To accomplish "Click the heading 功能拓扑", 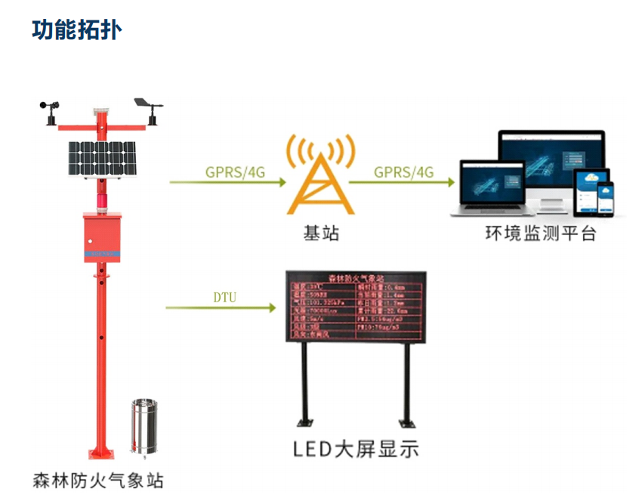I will tap(77, 29).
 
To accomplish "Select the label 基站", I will tap(321, 233).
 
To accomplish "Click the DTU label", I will tap(224, 297).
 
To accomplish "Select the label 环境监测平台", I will tap(541, 233).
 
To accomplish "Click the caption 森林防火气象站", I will tap(98, 481).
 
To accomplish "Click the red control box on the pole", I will tap(101, 238).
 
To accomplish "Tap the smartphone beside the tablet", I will tap(607, 199).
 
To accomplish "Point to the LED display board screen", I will tap(356, 307).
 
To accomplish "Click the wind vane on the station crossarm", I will tap(147, 107).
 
